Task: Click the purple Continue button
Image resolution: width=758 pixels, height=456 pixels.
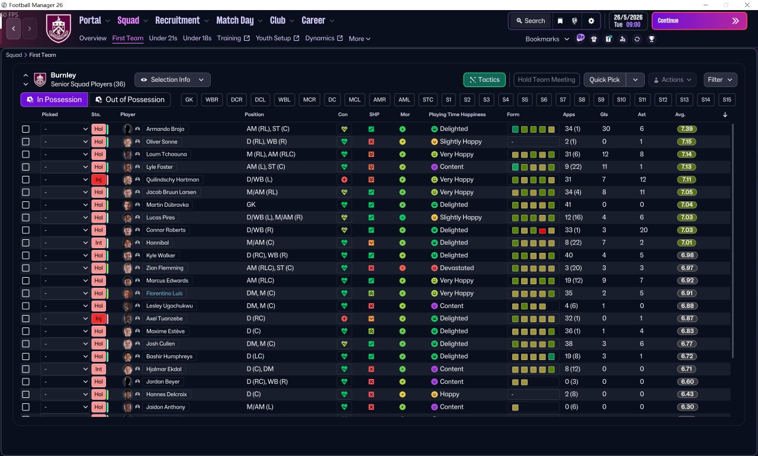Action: coord(699,21)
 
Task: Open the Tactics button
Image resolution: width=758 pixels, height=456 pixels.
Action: coord(484,80)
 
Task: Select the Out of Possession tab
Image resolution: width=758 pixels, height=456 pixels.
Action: coord(130,99)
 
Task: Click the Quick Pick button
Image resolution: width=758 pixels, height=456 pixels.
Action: coord(605,80)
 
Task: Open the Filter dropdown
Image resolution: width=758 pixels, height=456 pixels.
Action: coord(720,80)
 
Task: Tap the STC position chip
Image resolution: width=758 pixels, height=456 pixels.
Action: coord(428,100)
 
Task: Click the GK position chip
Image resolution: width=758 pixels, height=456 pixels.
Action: coord(189,100)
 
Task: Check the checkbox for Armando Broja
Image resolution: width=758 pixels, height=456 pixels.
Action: coord(25,129)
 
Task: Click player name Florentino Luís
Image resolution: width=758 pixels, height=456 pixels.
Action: coord(164,293)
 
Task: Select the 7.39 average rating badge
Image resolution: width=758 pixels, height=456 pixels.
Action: coord(686,129)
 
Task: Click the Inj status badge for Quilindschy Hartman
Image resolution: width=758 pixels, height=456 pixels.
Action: coord(98,179)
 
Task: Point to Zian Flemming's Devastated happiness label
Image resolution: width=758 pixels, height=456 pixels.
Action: coord(457,268)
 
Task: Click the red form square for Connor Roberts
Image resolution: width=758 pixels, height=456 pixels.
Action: coord(542,231)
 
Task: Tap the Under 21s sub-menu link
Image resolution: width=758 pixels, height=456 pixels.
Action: coord(163,38)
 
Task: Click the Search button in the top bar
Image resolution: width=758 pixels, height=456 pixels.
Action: coord(531,21)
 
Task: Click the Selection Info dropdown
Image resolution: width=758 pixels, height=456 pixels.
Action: coord(172,80)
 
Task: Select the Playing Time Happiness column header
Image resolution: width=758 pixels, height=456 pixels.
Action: coord(457,114)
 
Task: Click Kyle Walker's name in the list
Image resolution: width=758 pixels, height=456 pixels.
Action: coord(160,255)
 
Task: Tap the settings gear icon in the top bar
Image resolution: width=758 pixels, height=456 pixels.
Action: coord(591,21)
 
